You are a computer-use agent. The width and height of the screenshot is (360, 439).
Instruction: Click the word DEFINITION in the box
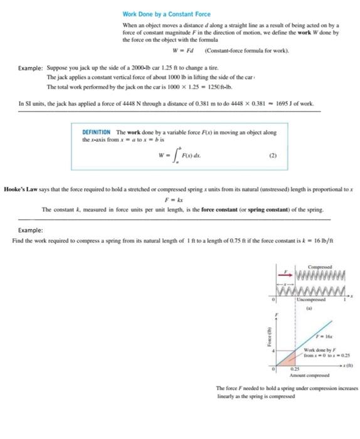pyautogui.click(x=97, y=132)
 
